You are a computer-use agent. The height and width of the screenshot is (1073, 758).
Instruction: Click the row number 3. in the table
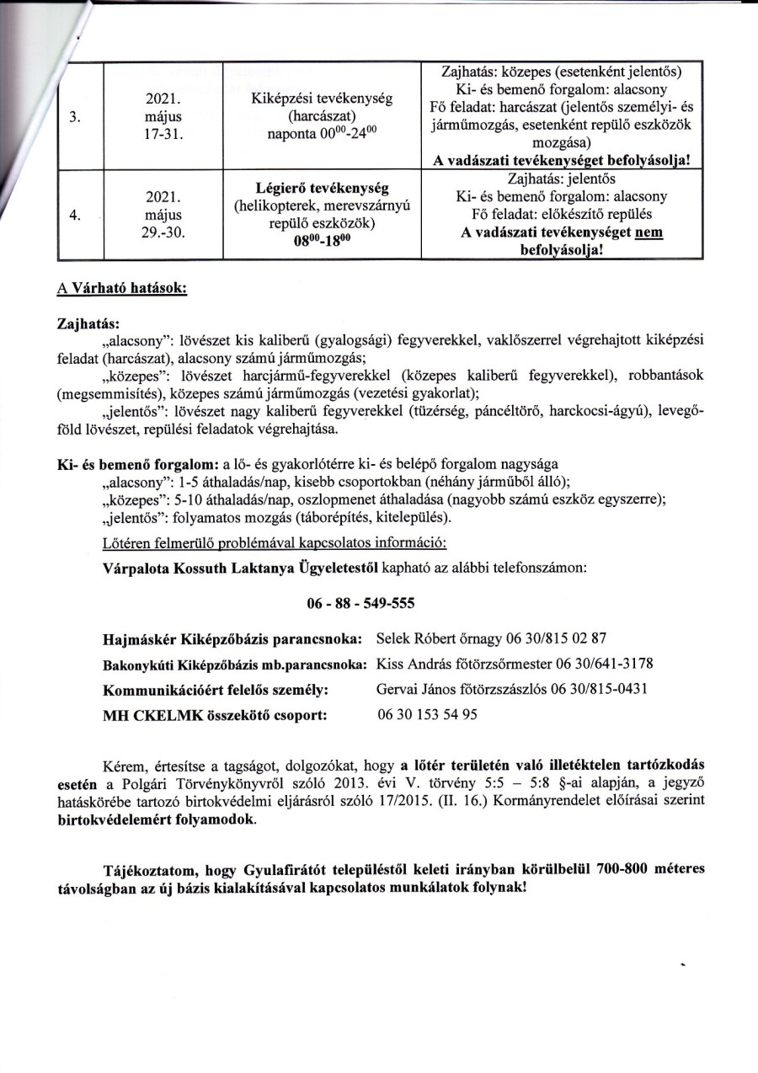click(x=76, y=118)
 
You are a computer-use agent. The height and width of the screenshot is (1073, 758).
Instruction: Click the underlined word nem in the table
click(x=648, y=232)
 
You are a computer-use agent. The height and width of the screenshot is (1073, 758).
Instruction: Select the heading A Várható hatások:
click(x=121, y=288)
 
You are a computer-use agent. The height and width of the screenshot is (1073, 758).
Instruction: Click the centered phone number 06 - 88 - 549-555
click(x=356, y=604)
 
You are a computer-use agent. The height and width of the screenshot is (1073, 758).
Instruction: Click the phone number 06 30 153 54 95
click(x=427, y=714)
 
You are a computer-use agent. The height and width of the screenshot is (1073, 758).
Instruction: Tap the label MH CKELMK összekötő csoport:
click(x=215, y=715)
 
